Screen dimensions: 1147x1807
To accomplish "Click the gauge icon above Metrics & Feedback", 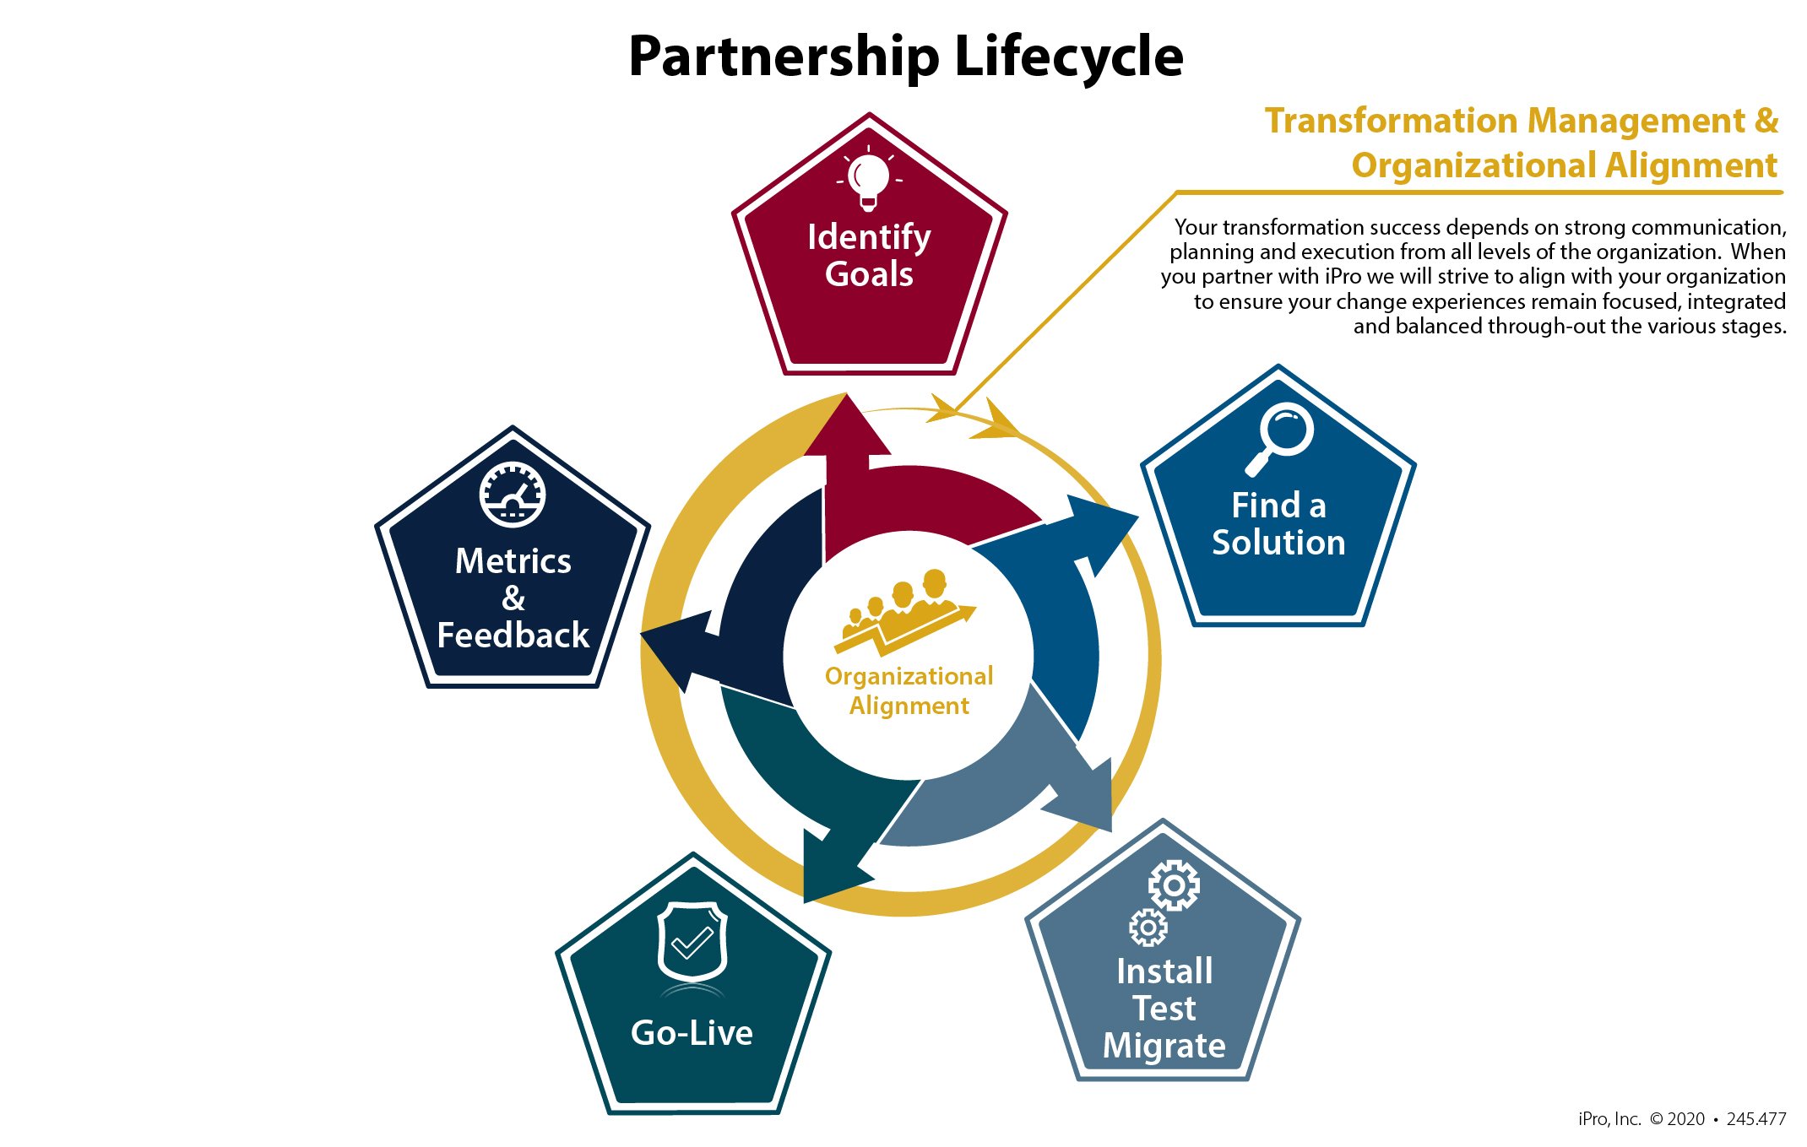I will pos(513,495).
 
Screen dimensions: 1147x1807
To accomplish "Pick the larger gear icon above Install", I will pos(1174,885).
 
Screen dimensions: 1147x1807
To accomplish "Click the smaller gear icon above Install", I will pos(1148,928).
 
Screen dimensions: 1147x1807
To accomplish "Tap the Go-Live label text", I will pos(692,1033).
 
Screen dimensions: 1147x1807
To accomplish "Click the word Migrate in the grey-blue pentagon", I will pos(1164,1046).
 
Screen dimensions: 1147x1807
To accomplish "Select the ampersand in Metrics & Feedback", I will pos(513,598).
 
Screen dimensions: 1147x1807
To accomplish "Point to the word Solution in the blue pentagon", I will pos(1278,543).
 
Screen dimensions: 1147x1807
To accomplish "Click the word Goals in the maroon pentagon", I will pos(869,274).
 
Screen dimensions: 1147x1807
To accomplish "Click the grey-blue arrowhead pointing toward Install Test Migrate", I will pos(1085,793).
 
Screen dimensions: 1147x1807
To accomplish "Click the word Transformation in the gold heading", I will pos(1384,121).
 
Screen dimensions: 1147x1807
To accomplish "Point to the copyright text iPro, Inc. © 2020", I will pos(1638,1119).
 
